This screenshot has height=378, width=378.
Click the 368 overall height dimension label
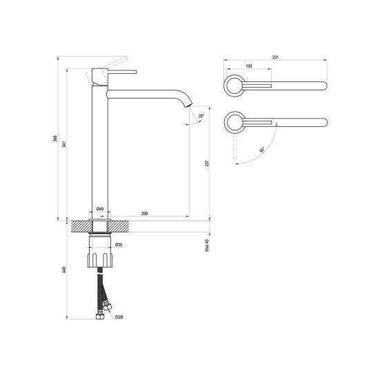click(x=55, y=139)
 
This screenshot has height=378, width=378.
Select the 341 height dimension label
click(x=64, y=144)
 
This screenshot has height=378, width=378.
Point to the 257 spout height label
click(x=207, y=163)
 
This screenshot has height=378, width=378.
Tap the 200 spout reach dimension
click(x=144, y=213)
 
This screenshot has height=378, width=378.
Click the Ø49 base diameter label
click(x=100, y=209)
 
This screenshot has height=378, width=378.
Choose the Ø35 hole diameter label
click(x=119, y=245)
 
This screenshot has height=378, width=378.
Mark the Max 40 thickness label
click(x=207, y=246)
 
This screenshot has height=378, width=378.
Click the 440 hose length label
click(x=64, y=270)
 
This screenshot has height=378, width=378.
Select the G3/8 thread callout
click(x=119, y=317)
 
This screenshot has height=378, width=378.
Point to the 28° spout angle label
click(x=201, y=116)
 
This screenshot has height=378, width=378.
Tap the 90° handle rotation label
click(x=262, y=150)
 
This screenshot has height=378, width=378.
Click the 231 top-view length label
click(x=275, y=57)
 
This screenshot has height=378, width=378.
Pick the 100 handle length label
click(x=249, y=66)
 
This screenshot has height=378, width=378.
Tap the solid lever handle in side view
click(x=122, y=72)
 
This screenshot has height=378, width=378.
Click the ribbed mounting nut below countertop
click(x=100, y=260)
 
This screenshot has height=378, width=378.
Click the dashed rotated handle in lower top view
click(x=235, y=146)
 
